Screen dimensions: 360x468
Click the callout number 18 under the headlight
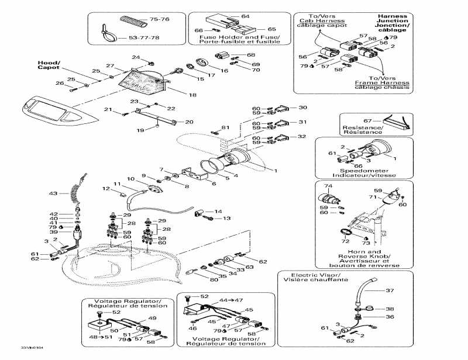point(192,95)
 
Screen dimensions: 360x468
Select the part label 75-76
point(159,20)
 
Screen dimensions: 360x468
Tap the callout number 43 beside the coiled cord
point(53,193)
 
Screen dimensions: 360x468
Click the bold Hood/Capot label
point(49,65)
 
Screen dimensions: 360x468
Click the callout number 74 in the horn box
point(328,186)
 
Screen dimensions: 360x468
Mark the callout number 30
point(302,108)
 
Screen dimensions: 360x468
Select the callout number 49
point(152,319)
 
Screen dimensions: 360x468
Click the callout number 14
point(218,212)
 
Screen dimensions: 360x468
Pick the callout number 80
point(215,280)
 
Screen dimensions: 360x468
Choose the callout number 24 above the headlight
point(136,57)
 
